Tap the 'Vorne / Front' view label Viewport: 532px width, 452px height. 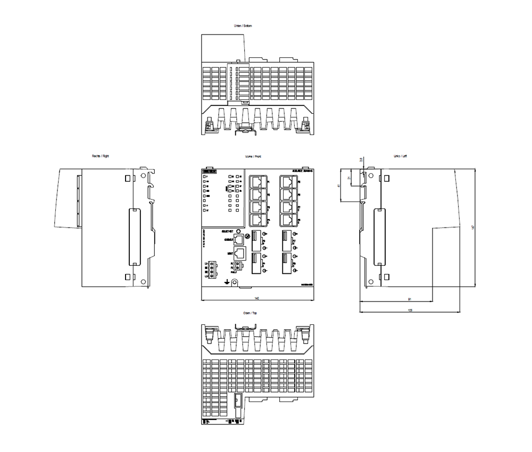pos(253,156)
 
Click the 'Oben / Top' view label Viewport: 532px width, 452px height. pos(250,313)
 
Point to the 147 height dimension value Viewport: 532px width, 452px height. pos(472,228)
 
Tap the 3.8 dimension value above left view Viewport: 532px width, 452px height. pos(361,160)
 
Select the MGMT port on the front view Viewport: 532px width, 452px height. pos(239,254)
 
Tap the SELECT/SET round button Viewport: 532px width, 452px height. pos(247,232)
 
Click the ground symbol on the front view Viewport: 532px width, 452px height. pos(228,281)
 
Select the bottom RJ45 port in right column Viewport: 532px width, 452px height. pos(288,220)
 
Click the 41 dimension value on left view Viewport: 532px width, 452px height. pos(339,186)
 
